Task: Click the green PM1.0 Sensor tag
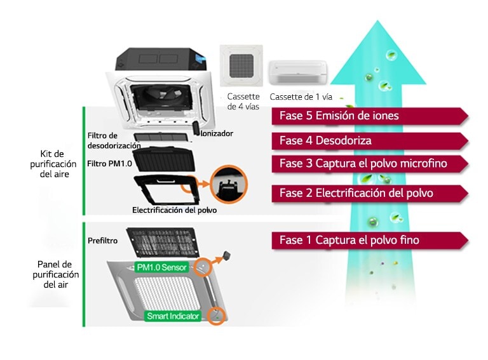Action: click(163, 267)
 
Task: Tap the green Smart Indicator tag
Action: click(173, 316)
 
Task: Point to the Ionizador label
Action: click(217, 134)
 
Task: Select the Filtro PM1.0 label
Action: click(109, 164)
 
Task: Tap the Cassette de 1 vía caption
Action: click(301, 97)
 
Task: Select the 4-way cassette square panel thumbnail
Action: click(241, 67)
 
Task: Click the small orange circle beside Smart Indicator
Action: click(217, 314)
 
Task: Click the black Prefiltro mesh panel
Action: click(159, 243)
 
